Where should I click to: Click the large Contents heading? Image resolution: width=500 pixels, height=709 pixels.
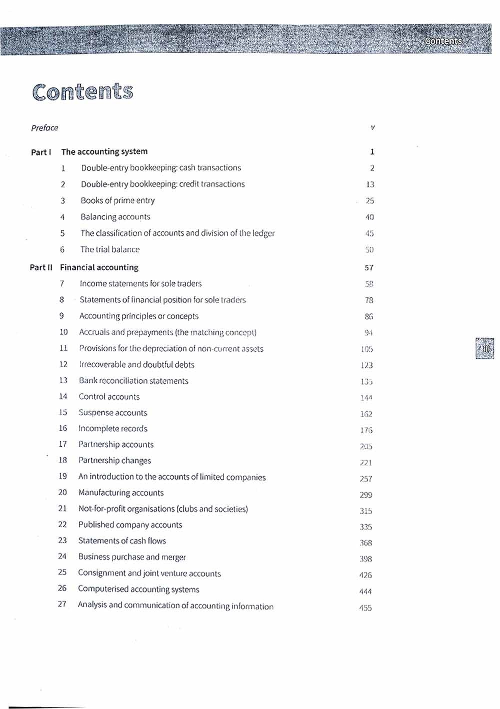[83, 92]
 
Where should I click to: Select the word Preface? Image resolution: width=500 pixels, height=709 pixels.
[44, 128]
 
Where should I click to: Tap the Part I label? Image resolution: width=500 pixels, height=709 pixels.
[41, 152]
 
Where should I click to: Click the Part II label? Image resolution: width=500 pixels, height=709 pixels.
[41, 267]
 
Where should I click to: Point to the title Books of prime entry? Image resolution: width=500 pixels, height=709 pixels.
[117, 200]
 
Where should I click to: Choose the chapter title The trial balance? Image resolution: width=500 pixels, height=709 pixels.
[110, 249]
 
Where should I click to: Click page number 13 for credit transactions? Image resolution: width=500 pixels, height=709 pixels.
[370, 184]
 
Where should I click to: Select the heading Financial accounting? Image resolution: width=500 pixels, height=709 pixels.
[99, 267]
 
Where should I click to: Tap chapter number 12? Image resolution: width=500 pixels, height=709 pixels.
[63, 364]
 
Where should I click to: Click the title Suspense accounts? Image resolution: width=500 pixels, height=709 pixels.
[112, 413]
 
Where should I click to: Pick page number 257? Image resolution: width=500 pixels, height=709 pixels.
[366, 479]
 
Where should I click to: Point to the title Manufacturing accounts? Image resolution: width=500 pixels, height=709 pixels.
[121, 493]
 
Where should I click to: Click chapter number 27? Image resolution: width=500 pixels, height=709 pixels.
[62, 604]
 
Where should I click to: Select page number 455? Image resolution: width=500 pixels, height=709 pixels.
[365, 608]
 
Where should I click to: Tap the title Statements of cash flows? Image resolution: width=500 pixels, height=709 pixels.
[122, 541]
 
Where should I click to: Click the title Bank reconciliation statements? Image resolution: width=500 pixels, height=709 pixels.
[133, 381]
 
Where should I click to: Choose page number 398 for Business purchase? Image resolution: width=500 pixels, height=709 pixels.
[366, 559]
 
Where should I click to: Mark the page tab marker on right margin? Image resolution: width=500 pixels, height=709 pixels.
[484, 348]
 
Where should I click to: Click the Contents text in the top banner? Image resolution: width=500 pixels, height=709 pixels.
[443, 41]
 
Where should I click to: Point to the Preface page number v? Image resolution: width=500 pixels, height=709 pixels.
[372, 128]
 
